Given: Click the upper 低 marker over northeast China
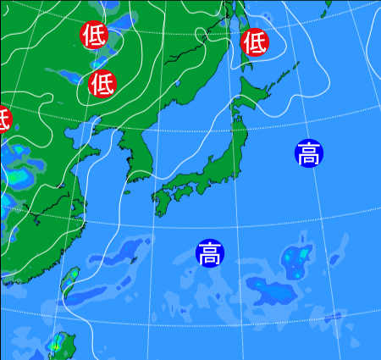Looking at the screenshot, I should tap(93, 36).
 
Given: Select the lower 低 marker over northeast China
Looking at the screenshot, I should tap(102, 83).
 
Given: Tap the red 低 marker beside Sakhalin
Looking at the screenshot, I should tap(255, 42).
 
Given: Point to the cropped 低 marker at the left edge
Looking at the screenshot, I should tap(3, 119).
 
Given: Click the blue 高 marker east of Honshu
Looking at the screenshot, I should tap(309, 153).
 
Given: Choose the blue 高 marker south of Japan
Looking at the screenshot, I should tap(209, 252).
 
